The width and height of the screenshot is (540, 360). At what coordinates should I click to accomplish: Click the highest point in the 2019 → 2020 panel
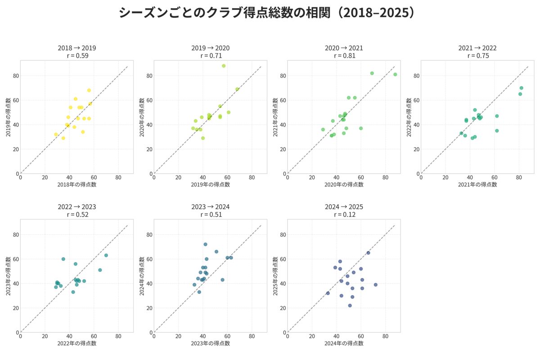click(x=224, y=66)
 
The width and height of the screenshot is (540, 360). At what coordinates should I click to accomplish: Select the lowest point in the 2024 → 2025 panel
click(x=350, y=306)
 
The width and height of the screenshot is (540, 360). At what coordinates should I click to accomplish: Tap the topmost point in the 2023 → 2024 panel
click(x=205, y=244)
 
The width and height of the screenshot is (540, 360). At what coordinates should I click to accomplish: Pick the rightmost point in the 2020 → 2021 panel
click(x=396, y=75)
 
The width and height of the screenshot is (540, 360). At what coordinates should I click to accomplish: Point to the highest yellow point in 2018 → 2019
click(x=89, y=90)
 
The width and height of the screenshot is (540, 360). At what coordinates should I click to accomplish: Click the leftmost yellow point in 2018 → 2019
click(x=56, y=134)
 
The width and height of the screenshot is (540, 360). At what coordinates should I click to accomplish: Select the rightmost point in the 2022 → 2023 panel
click(x=106, y=255)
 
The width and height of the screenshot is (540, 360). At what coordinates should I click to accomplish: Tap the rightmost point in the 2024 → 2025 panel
click(x=376, y=285)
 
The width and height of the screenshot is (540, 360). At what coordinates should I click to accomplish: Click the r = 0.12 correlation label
click(x=345, y=215)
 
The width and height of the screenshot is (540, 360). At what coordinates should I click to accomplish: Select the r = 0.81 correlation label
click(x=345, y=56)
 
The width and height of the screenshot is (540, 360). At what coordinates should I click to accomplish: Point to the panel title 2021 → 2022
click(x=477, y=48)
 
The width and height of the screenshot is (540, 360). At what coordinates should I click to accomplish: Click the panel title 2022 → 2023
click(x=77, y=207)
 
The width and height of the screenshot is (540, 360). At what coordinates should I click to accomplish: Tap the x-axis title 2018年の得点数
click(x=77, y=184)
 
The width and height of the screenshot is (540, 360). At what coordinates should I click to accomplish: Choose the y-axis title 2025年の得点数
click(x=275, y=276)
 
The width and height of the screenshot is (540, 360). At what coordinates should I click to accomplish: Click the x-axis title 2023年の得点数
click(x=211, y=343)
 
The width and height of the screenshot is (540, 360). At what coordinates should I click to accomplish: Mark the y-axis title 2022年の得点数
click(x=409, y=117)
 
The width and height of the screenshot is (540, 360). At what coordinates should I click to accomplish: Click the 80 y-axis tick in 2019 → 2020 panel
click(x=149, y=76)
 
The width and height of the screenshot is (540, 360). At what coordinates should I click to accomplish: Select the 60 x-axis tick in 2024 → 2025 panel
click(x=361, y=336)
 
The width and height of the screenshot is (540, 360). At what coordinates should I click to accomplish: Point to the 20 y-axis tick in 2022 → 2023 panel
click(x=16, y=308)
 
